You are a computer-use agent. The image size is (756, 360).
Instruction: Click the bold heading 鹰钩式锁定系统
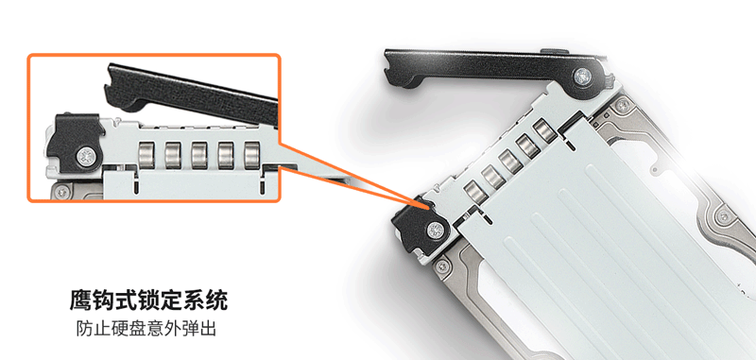tap(148, 300)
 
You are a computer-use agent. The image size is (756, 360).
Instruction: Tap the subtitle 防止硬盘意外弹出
tap(146, 329)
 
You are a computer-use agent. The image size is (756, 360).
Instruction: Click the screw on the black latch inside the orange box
tap(87, 156)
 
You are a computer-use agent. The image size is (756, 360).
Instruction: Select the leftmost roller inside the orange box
tap(146, 155)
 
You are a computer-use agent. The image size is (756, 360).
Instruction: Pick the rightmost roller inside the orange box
tap(252, 155)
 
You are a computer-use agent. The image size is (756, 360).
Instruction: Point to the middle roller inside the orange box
tap(199, 155)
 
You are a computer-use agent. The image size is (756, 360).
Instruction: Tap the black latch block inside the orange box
tap(75, 143)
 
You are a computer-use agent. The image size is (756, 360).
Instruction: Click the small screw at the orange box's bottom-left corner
tap(61, 192)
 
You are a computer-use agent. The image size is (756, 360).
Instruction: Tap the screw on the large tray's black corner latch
tap(436, 231)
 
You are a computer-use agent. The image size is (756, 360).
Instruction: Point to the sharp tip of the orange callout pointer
tap(429, 207)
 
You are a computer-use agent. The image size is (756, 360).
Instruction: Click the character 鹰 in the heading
tap(80, 300)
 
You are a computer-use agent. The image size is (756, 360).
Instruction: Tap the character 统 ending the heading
tap(217, 300)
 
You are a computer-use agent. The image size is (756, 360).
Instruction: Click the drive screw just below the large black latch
tap(440, 266)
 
